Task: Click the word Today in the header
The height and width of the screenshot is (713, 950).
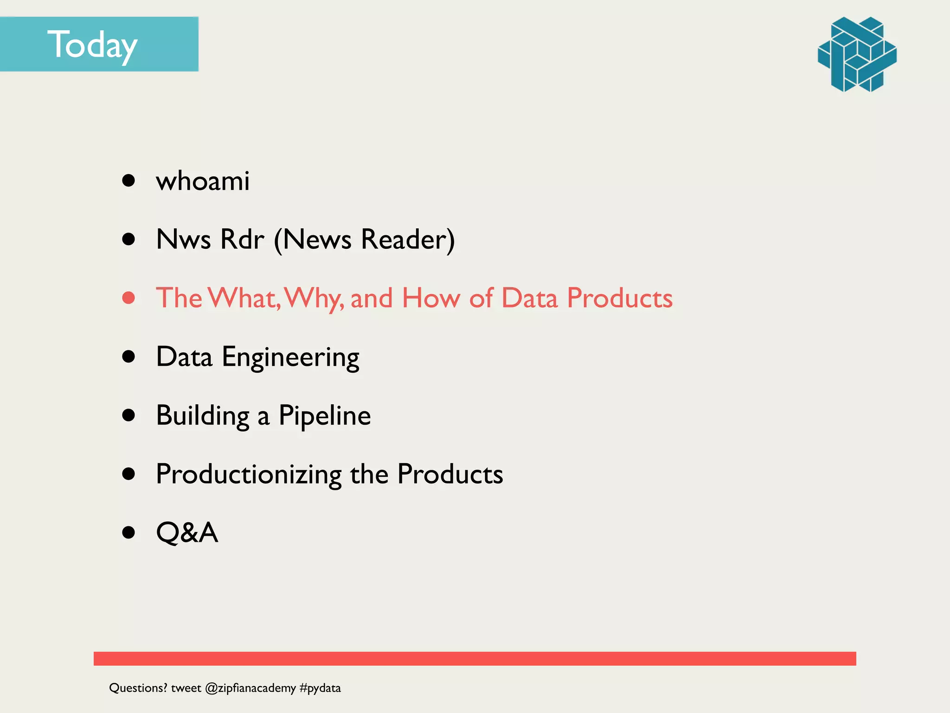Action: pos(92,45)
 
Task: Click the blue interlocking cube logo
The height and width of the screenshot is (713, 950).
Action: pos(857,54)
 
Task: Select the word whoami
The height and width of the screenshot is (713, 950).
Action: pos(203,181)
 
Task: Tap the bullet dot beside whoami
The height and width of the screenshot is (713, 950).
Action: pos(128,180)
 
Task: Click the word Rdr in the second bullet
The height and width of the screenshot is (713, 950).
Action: pos(242,239)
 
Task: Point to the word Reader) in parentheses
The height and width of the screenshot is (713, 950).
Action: pos(408,240)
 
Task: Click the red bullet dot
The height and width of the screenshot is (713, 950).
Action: pos(128,298)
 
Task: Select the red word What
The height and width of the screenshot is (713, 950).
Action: pos(244,298)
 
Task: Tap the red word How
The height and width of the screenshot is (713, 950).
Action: pos(431,298)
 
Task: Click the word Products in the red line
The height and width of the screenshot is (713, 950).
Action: pos(619,298)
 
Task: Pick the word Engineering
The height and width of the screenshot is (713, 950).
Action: pos(290,357)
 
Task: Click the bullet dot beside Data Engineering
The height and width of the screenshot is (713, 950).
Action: pos(128,356)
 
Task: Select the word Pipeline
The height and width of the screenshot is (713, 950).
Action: pos(324,415)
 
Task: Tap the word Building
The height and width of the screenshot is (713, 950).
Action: pos(203,415)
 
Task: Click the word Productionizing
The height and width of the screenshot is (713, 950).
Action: pos(249,474)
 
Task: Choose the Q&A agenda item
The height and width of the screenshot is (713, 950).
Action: pos(187,532)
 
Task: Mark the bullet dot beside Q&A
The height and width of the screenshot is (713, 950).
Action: pos(128,532)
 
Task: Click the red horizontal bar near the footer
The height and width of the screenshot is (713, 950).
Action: pos(475,658)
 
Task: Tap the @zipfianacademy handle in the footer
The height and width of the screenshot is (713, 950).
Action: pos(250,688)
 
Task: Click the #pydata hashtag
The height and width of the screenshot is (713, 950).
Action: pos(320,688)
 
